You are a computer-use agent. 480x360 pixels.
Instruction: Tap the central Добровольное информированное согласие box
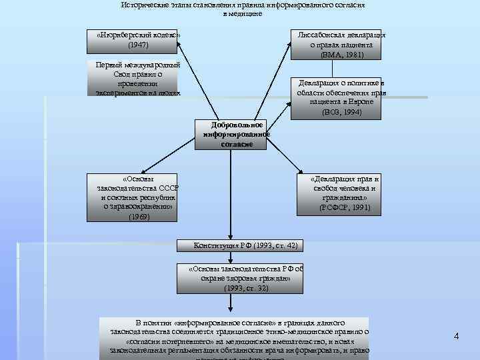pyautogui.click(x=237, y=134)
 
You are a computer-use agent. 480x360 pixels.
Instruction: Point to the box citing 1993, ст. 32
pyautogui.click(x=245, y=279)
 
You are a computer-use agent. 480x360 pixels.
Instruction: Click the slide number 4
pyautogui.click(x=456, y=336)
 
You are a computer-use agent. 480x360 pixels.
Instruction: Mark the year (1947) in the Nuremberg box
pyautogui.click(x=138, y=45)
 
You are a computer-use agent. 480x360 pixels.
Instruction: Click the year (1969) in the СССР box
pyautogui.click(x=139, y=217)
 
